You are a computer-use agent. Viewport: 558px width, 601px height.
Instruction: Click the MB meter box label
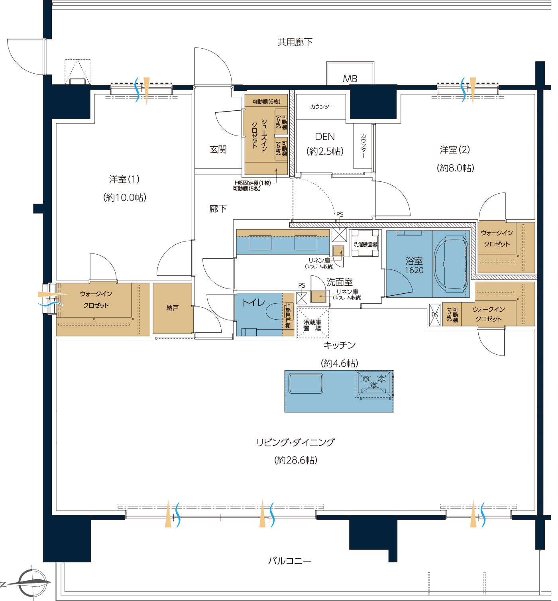click(350, 79)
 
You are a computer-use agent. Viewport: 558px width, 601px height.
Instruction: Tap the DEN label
click(325, 136)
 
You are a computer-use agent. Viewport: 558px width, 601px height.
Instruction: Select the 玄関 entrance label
click(218, 149)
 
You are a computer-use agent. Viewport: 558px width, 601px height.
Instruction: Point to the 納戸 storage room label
click(172, 308)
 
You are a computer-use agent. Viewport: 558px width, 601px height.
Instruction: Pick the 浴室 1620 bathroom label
click(414, 265)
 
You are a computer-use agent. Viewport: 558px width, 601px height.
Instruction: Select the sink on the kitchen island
click(306, 383)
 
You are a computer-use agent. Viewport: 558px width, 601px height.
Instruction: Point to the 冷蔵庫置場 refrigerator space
click(312, 322)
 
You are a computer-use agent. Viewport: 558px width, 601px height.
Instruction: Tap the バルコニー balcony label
click(289, 561)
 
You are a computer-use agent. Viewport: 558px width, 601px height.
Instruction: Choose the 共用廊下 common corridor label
click(295, 42)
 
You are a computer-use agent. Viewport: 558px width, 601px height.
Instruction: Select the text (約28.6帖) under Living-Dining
click(295, 460)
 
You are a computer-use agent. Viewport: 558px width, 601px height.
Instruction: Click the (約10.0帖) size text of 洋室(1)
click(125, 198)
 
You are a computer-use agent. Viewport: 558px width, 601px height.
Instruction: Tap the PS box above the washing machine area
click(339, 234)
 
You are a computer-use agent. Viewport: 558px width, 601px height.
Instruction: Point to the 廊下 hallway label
click(218, 209)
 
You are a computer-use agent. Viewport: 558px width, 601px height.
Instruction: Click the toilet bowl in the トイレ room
click(274, 312)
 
